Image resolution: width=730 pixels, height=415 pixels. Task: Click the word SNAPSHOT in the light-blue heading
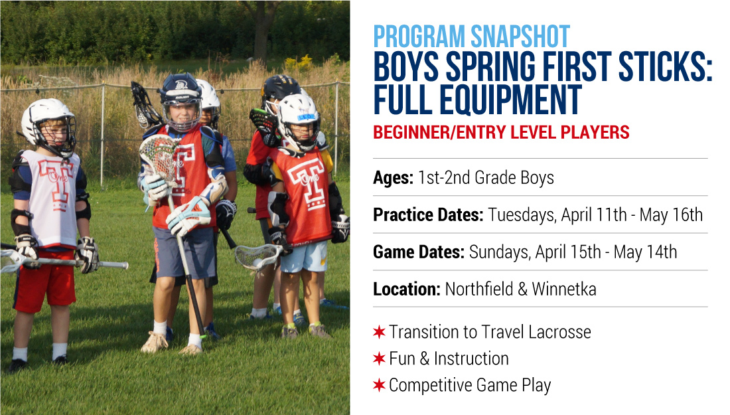520,37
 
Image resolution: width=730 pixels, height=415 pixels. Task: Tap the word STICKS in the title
663,66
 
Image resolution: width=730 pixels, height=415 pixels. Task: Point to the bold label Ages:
393,178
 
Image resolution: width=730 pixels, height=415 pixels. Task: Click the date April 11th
594,214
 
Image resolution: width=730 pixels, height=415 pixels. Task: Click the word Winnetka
564,290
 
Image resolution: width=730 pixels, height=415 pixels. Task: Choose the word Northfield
479,290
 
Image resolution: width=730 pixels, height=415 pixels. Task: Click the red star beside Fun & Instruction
380,359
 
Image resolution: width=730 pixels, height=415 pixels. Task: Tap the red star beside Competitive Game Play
380,385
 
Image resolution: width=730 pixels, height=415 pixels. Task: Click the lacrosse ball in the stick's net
257,262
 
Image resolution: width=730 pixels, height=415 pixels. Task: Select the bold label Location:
406,290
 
